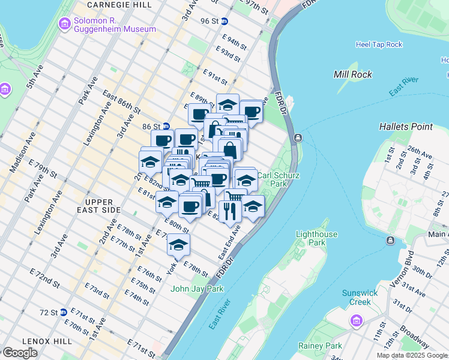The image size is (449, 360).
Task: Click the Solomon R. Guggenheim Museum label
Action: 115,25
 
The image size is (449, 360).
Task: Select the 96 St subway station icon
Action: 224,21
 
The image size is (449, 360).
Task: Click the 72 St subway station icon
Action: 62,313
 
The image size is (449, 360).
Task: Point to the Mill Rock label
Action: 352,74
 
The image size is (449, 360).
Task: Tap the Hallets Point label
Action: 406,127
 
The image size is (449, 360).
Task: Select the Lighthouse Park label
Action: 317,238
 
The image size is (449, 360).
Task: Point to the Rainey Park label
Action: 320,346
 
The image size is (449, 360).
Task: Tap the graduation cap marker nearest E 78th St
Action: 178,245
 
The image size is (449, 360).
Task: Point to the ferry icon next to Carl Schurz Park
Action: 297,138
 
